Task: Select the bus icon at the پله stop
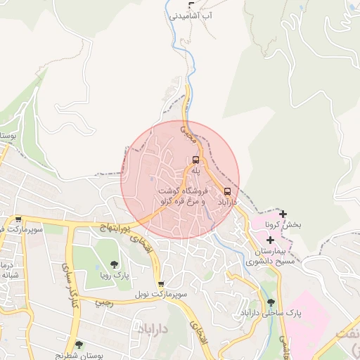pyautogui.click(x=195, y=160)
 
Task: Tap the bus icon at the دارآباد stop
pyautogui.click(x=227, y=191)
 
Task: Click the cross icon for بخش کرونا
pyautogui.click(x=283, y=214)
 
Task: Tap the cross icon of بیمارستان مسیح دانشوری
pyautogui.click(x=270, y=240)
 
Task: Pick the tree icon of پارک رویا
pyautogui.click(x=113, y=265)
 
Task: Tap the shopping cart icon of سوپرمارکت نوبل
pyautogui.click(x=161, y=284)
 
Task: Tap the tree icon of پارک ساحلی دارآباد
pyautogui.click(x=271, y=302)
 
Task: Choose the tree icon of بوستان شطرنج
pyautogui.click(x=78, y=345)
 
